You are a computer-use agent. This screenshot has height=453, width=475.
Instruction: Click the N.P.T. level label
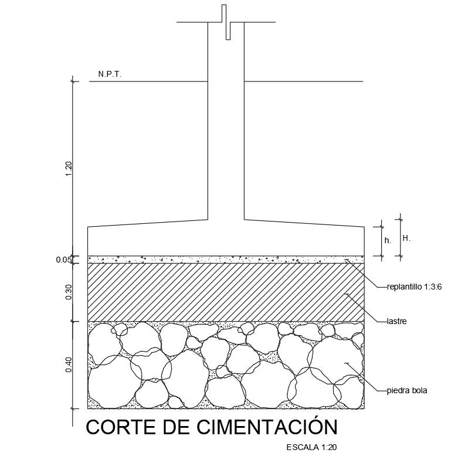coord(110,75)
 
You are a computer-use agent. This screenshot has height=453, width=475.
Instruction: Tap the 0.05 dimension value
coord(64,260)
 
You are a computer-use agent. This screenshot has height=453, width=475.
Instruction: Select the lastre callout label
coord(397,321)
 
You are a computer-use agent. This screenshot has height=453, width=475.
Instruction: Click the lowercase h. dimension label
coord(388,241)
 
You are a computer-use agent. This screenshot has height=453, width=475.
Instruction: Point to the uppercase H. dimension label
coord(406,239)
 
